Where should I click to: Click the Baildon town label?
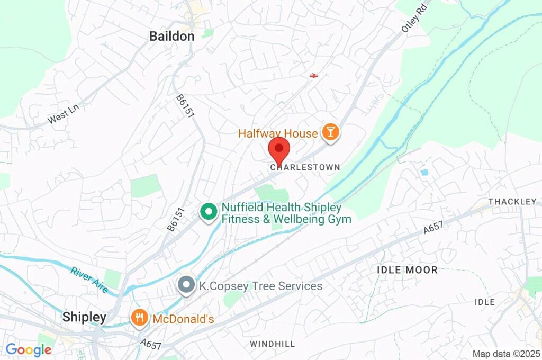click(171, 37)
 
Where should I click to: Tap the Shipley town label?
click(84, 317)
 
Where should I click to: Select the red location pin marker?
click(278, 150)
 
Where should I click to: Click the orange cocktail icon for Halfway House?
click(331, 133)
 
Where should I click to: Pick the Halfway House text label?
click(278, 133)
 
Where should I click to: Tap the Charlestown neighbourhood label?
click(305, 167)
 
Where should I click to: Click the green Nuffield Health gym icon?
click(209, 212)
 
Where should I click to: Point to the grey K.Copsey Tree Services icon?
click(186, 286)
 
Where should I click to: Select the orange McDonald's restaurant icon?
click(139, 319)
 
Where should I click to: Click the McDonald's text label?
click(183, 319)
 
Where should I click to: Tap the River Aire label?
click(89, 280)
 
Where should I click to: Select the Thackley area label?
click(512, 202)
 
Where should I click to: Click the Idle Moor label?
click(407, 270)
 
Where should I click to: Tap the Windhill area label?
click(272, 344)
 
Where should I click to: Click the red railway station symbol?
click(313, 76)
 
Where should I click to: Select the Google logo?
click(28, 349)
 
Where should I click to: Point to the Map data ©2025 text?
click(506, 354)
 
